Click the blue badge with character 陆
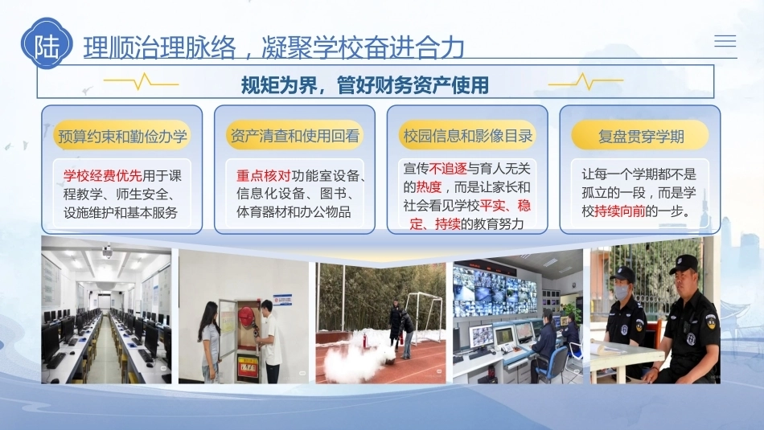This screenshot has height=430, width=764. [47, 44]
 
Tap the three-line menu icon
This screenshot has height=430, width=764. [725, 41]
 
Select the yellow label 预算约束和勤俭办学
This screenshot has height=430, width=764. [122, 135]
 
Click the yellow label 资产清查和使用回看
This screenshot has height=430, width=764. [295, 135]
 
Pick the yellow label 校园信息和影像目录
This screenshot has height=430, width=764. [468, 135]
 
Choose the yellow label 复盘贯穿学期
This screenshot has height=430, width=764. [640, 135]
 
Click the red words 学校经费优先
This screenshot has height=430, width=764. [102, 175]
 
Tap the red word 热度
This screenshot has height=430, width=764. [429, 187]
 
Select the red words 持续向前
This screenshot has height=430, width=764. [620, 211]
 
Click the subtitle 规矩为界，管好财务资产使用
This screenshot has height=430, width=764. [365, 85]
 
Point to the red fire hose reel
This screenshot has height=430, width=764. [247, 317]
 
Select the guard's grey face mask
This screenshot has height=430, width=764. [621, 292]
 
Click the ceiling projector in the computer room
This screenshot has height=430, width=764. [107, 252]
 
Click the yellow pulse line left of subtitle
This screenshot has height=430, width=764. [142, 82]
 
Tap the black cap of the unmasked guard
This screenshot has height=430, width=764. [684, 264]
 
